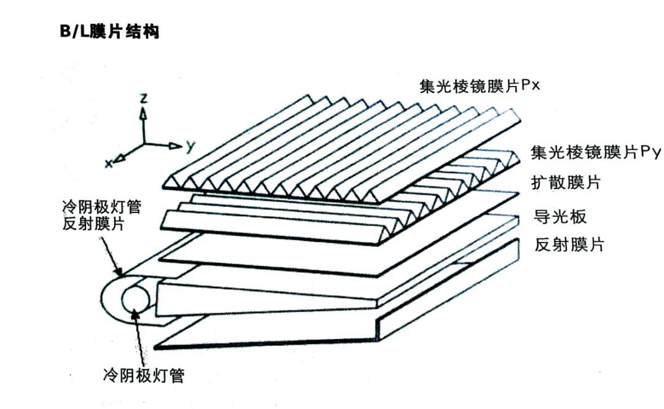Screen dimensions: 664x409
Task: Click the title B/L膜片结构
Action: (109, 32)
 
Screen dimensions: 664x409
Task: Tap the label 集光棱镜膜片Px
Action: (480, 87)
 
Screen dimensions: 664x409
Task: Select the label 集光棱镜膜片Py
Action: (595, 152)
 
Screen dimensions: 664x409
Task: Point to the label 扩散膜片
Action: (566, 182)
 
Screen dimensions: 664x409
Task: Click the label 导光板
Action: (560, 217)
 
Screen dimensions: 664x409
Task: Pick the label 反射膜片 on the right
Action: (569, 244)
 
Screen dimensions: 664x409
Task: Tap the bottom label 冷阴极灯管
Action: (144, 375)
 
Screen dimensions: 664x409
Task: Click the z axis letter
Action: (144, 98)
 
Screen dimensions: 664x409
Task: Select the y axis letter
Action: (191, 146)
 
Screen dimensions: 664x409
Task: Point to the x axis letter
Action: (109, 163)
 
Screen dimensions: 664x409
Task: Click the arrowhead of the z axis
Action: (144, 114)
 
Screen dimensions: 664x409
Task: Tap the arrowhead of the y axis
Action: (175, 146)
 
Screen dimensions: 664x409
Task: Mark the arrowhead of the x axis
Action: (120, 158)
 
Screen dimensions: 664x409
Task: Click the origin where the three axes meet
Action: (144, 144)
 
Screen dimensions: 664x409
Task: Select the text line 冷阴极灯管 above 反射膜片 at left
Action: (101, 207)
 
